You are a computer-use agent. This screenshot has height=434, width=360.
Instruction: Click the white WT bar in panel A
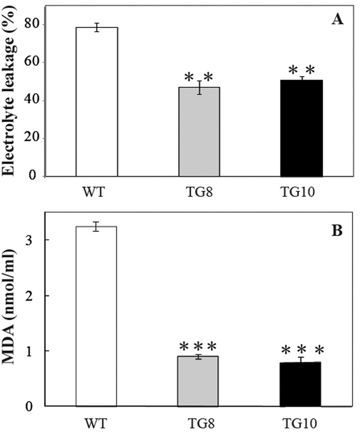point(97,101)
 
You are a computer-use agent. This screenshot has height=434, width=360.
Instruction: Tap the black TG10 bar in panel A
point(301,128)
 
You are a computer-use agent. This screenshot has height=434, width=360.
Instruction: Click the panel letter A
point(337,20)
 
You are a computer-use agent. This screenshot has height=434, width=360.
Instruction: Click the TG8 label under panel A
point(199,191)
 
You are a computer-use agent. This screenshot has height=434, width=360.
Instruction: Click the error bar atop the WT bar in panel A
point(97,27)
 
